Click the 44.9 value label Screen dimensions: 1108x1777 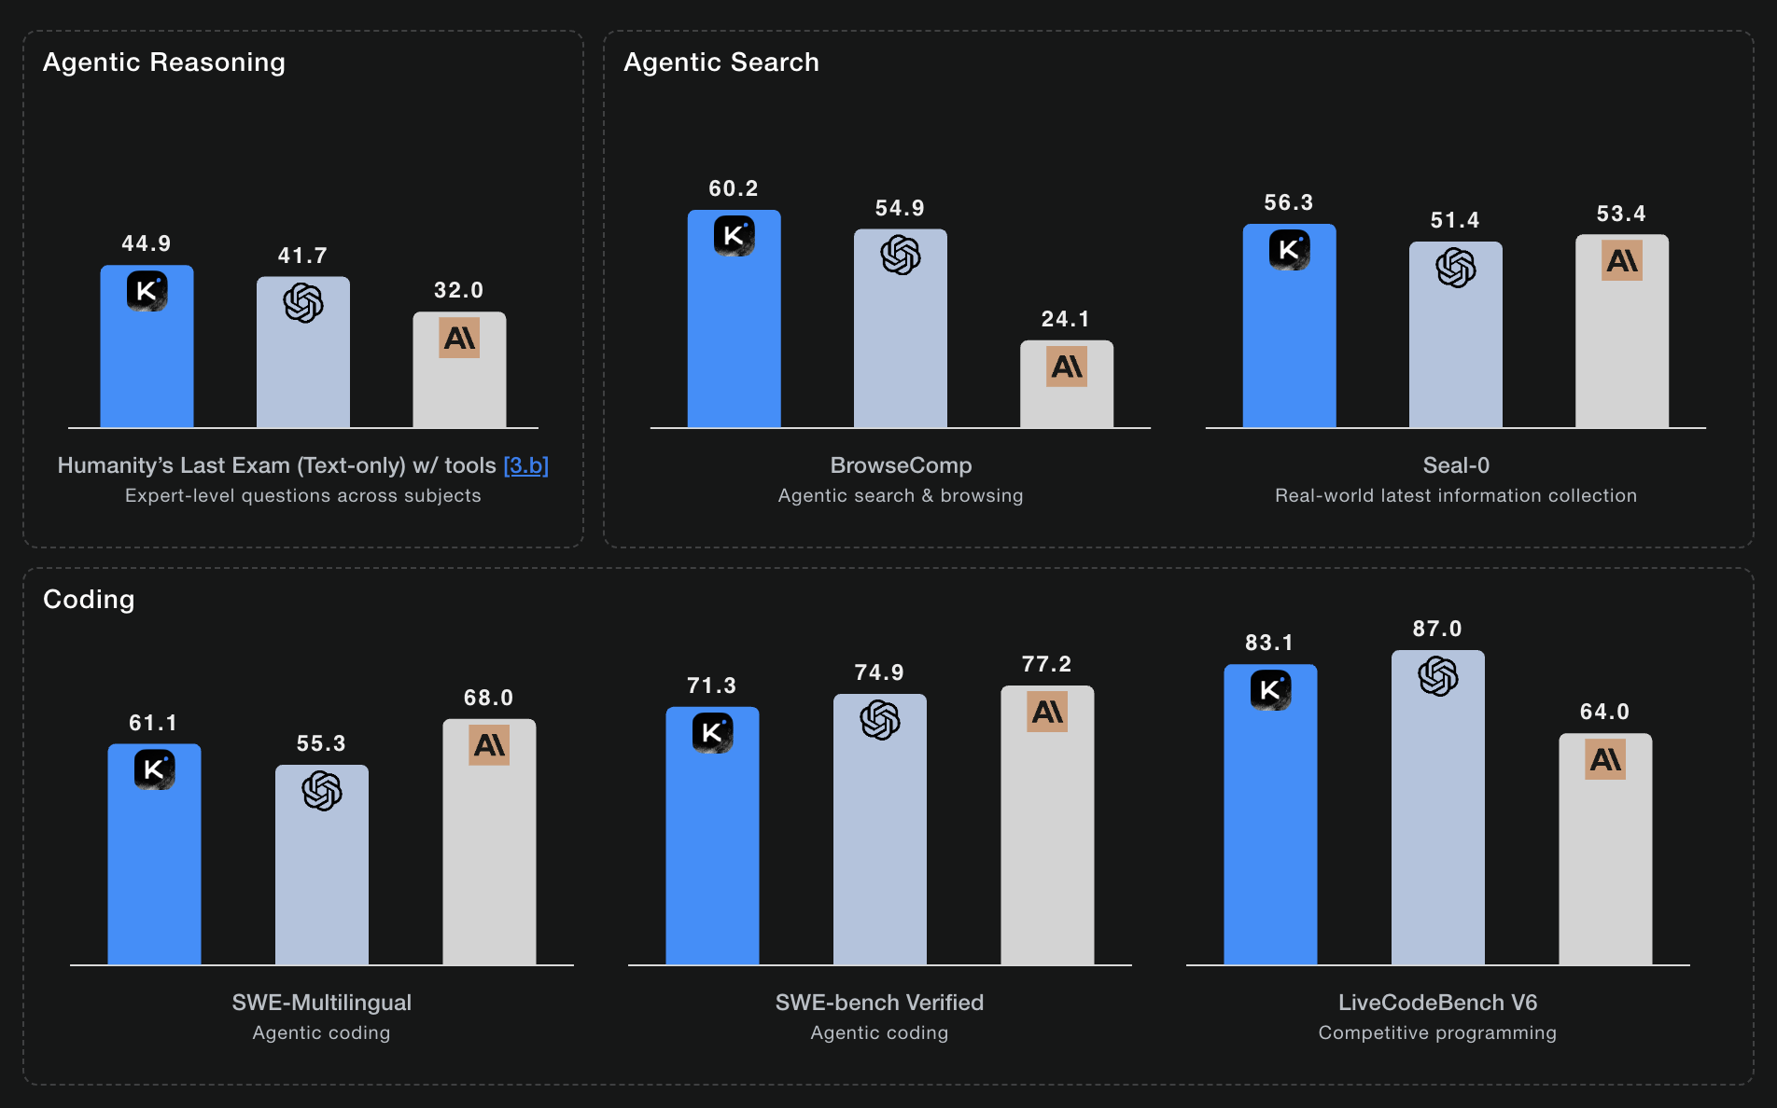pyautogui.click(x=147, y=243)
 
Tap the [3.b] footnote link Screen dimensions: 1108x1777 pyautogui.click(x=525, y=465)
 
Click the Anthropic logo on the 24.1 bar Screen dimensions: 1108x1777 pyautogui.click(x=1067, y=367)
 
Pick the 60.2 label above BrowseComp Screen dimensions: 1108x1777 pyautogui.click(x=734, y=188)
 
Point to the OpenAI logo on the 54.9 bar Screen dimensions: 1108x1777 pyautogui.click(x=901, y=255)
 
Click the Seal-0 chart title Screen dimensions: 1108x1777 pyautogui.click(x=1456, y=465)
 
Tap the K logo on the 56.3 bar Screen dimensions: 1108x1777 pyautogui.click(x=1289, y=249)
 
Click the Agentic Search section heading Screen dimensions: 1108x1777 pyautogui.click(x=721, y=62)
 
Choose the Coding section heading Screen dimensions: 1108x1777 pyautogui.click(x=89, y=600)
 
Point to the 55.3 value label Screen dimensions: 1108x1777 pyautogui.click(x=321, y=743)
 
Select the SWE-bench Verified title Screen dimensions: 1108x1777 pyautogui.click(x=879, y=1003)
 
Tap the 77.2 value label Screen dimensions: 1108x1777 pyautogui.click(x=1047, y=664)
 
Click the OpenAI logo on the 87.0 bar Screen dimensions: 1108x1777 pyautogui.click(x=1437, y=676)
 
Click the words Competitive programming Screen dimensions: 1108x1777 pyautogui.click(x=1437, y=1032)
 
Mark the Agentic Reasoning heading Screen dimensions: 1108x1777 pyautogui.click(x=164, y=62)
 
